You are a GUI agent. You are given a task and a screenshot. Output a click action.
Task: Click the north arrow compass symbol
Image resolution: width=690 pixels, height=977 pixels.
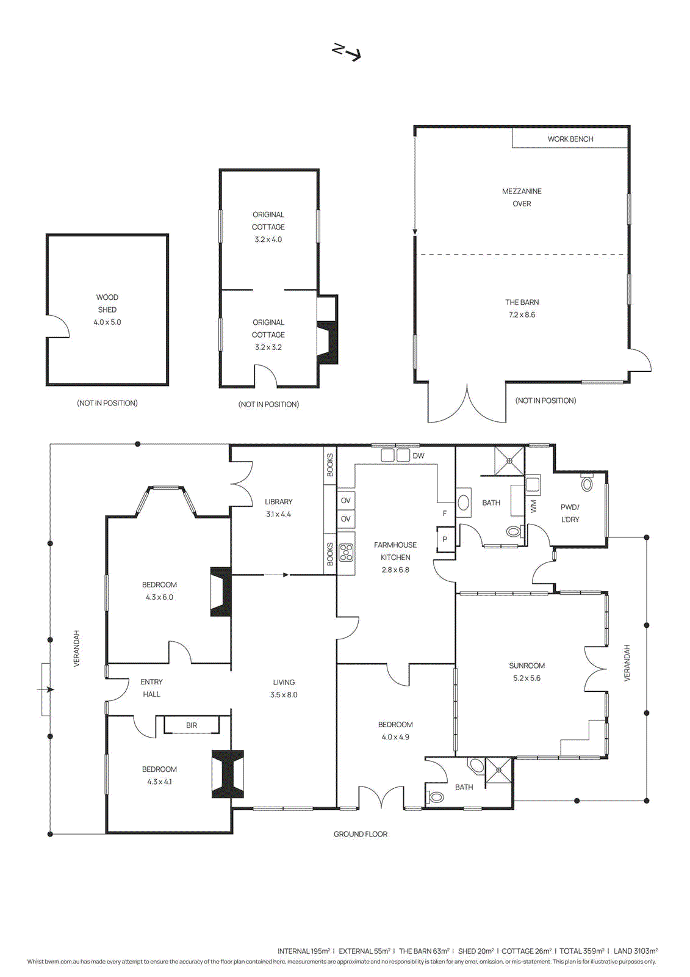pyautogui.click(x=347, y=52)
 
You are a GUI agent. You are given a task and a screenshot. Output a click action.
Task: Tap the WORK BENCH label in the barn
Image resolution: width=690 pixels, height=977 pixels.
pyautogui.click(x=570, y=139)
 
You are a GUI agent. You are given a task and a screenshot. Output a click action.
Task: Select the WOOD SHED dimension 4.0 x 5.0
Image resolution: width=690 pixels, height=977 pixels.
pyautogui.click(x=107, y=322)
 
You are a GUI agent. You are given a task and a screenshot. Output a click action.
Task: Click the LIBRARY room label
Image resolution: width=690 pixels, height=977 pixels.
pyautogui.click(x=278, y=502)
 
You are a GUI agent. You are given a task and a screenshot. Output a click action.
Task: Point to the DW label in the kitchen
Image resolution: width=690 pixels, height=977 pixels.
pyautogui.click(x=419, y=456)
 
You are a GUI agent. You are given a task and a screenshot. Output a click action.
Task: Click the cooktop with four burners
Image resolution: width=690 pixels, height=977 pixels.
pyautogui.click(x=346, y=552)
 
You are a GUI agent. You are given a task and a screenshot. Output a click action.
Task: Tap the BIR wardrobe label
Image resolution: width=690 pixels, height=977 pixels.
pyautogui.click(x=192, y=725)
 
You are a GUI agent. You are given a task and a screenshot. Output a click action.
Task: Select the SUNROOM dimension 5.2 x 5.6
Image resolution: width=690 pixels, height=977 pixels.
pyautogui.click(x=526, y=678)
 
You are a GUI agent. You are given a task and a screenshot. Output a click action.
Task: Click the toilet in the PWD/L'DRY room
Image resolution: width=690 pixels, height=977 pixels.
pyautogui.click(x=587, y=484)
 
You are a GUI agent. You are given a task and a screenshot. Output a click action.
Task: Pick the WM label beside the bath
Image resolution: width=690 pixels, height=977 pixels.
pyautogui.click(x=534, y=506)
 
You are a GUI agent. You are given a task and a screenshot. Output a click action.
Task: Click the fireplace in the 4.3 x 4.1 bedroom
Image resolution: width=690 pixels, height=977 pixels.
pyautogui.click(x=228, y=774)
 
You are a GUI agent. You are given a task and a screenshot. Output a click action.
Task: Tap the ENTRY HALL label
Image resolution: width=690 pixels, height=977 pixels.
pyautogui.click(x=151, y=688)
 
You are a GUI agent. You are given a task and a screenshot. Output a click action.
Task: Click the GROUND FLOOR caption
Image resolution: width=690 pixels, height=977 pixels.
pyautogui.click(x=360, y=834)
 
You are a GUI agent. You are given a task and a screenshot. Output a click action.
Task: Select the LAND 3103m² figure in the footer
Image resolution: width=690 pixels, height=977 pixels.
pyautogui.click(x=635, y=951)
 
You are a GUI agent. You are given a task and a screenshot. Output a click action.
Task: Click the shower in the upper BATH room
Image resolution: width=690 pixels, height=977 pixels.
pyautogui.click(x=509, y=461)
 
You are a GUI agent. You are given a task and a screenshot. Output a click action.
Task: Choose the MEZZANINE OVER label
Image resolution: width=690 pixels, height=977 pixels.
pyautogui.click(x=522, y=197)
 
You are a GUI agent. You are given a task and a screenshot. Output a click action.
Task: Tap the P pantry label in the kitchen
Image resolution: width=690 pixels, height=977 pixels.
pyautogui.click(x=445, y=539)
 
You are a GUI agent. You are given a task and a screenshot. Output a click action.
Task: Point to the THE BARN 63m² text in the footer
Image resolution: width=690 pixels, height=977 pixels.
pyautogui.click(x=424, y=951)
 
